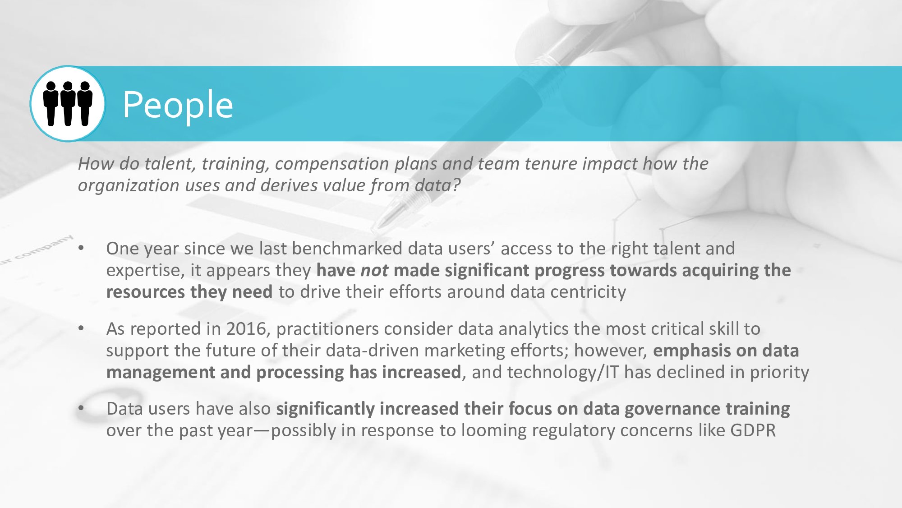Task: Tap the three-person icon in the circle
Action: click(x=68, y=103)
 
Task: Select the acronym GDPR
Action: click(x=753, y=430)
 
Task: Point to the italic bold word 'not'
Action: click(x=374, y=271)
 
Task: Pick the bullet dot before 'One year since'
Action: click(x=81, y=248)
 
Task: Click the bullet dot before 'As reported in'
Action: click(x=81, y=328)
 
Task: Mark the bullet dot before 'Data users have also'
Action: click(x=81, y=408)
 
